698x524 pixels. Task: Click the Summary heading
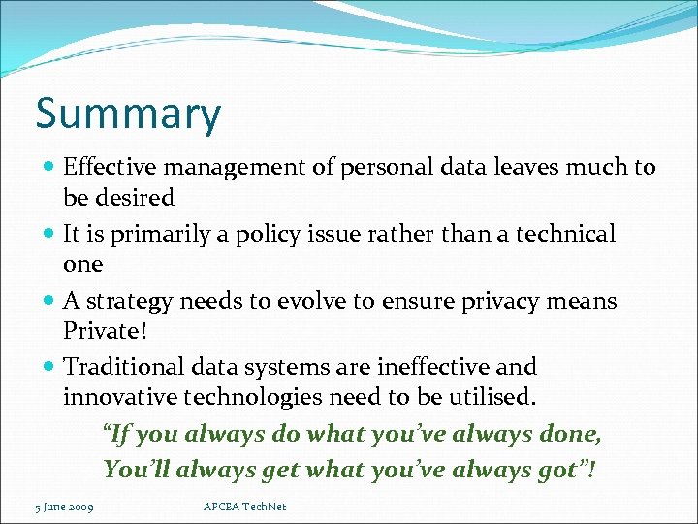[x=128, y=115]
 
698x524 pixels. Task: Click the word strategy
[x=127, y=302]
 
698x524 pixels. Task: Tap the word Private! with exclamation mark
[x=106, y=331]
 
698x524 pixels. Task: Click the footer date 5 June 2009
[x=64, y=507]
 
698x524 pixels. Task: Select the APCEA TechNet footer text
[x=245, y=507]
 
